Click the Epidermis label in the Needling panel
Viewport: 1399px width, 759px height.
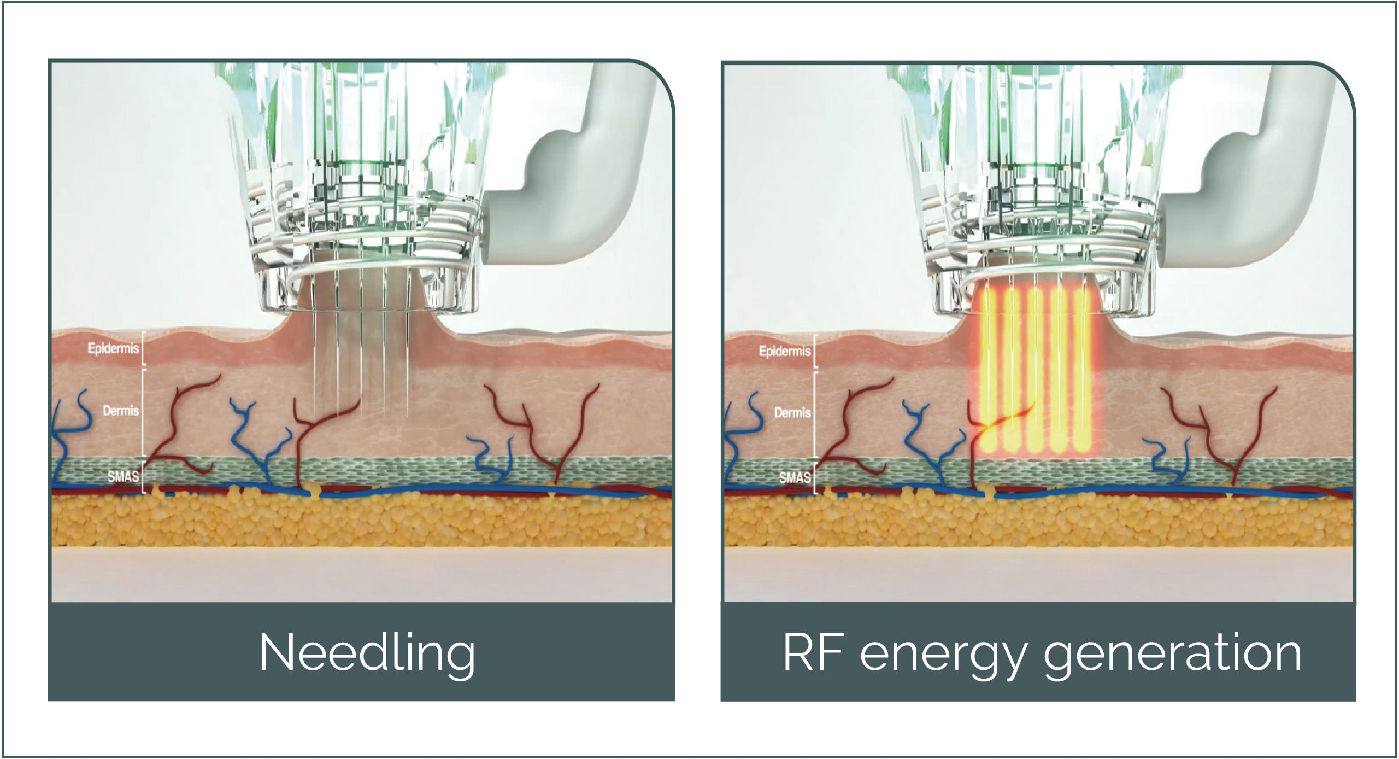[113, 348]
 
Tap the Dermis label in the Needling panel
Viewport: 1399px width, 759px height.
[121, 410]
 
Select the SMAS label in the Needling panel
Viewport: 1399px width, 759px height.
[123, 476]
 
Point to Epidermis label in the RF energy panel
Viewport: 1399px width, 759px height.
[784, 351]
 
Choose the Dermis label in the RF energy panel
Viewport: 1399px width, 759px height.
[792, 412]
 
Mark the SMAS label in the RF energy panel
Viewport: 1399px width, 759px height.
[795, 477]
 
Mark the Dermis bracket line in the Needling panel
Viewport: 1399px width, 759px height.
[143, 413]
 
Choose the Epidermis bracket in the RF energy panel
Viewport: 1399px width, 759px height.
[815, 351]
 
